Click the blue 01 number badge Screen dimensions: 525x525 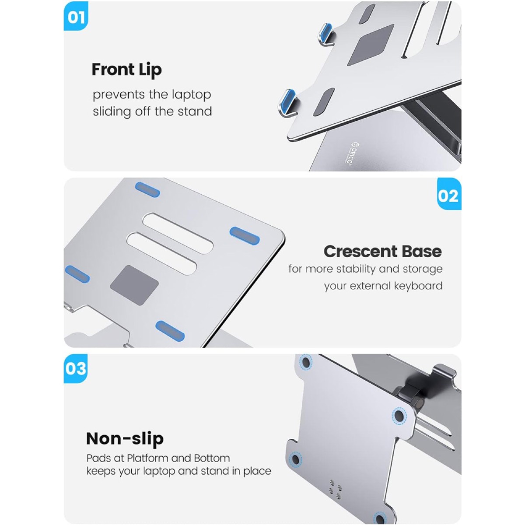(76, 16)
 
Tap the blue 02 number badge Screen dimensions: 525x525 (449, 194)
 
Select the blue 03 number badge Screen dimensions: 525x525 (76, 368)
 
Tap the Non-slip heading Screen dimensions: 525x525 (125, 438)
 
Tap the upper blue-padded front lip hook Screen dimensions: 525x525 (327, 34)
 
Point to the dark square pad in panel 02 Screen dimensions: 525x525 (134, 285)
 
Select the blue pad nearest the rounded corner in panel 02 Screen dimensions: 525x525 (245, 235)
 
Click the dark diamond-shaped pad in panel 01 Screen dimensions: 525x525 (370, 45)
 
